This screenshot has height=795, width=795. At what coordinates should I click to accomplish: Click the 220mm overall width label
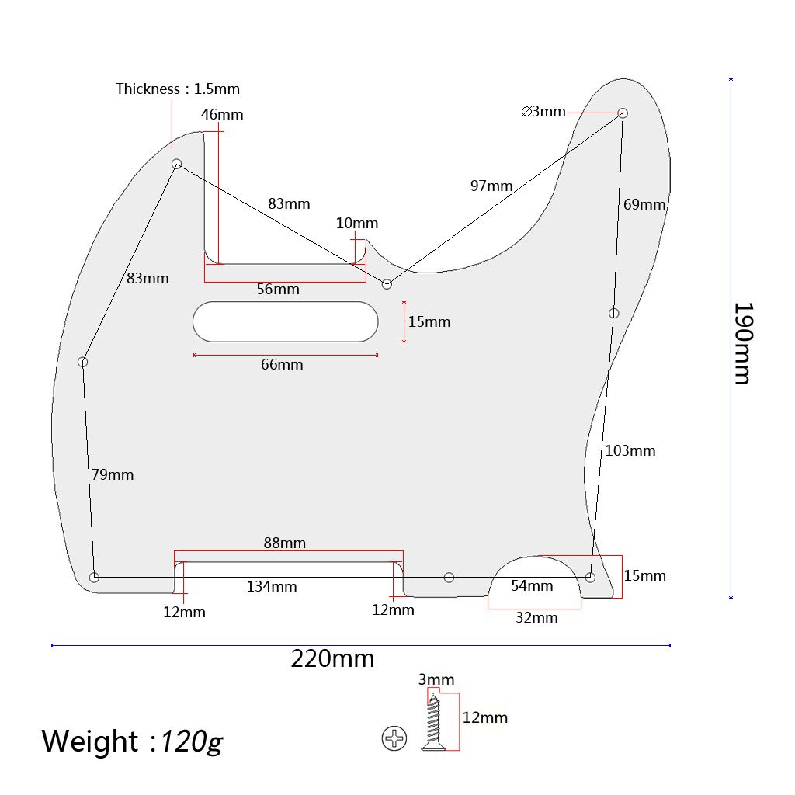[332, 659]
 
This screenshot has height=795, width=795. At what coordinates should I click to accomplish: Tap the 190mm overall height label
[742, 342]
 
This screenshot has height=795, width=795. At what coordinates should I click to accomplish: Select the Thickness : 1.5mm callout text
[178, 89]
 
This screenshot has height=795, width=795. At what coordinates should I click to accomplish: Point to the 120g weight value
[191, 741]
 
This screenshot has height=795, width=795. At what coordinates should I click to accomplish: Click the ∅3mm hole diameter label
[543, 111]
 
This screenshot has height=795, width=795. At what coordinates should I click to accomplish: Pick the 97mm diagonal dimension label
[491, 186]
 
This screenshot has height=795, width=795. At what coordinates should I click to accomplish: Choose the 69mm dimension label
[644, 205]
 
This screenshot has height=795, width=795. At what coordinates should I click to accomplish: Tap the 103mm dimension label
[630, 450]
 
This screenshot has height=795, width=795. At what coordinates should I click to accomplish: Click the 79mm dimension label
[113, 474]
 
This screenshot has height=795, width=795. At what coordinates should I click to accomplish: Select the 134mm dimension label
[272, 586]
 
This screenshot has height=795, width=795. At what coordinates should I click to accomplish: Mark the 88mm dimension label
[284, 543]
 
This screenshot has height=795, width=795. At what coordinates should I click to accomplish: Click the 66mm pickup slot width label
[282, 364]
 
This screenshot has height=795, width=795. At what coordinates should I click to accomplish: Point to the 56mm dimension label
[278, 289]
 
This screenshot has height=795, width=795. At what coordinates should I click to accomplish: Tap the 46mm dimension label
[222, 114]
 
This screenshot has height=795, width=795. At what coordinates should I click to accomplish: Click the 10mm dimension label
[357, 224]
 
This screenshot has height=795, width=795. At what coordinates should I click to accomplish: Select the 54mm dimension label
[532, 585]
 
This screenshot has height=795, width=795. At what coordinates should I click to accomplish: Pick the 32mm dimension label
[537, 617]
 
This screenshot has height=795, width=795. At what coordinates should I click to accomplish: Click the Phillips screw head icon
[394, 738]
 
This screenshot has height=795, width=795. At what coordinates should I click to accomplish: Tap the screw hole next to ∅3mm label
[623, 113]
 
